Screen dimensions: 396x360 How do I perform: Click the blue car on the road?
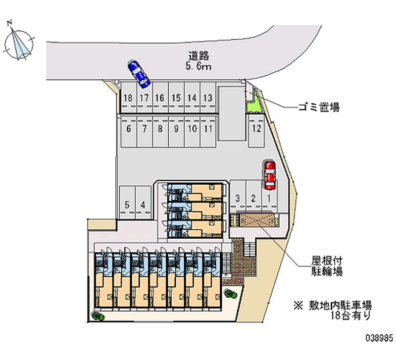click(139, 74)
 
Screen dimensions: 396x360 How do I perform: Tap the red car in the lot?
click(269, 175)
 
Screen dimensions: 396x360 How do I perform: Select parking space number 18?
click(128, 98)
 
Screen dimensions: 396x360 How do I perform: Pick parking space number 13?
click(208, 98)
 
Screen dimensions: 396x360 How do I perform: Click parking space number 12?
click(256, 130)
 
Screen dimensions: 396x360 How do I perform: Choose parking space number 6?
click(129, 131)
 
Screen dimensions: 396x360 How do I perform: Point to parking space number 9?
click(176, 131)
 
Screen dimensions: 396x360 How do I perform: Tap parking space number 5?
click(127, 203)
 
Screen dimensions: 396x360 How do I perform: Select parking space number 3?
click(238, 197)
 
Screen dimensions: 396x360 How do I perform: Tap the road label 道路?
click(199, 56)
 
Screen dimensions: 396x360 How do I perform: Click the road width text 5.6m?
click(198, 66)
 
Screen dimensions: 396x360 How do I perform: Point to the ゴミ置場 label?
click(319, 107)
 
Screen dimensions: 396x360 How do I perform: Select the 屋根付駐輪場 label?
click(327, 266)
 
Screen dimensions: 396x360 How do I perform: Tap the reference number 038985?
click(379, 338)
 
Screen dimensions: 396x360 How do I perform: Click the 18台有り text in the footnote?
click(351, 315)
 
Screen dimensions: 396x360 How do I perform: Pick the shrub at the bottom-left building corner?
click(98, 316)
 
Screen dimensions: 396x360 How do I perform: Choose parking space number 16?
click(160, 98)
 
